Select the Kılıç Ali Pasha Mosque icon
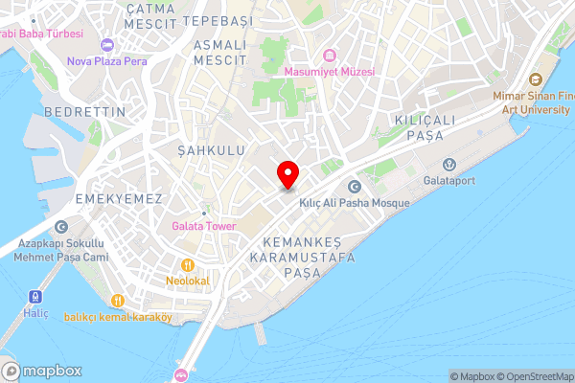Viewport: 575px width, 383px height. point(356,187)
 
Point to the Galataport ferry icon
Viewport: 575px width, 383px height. point(445,163)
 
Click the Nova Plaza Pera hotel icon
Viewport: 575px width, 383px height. point(107,44)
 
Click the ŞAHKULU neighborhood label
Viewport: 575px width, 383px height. point(212,150)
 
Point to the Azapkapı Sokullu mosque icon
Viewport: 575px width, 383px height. point(61,227)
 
